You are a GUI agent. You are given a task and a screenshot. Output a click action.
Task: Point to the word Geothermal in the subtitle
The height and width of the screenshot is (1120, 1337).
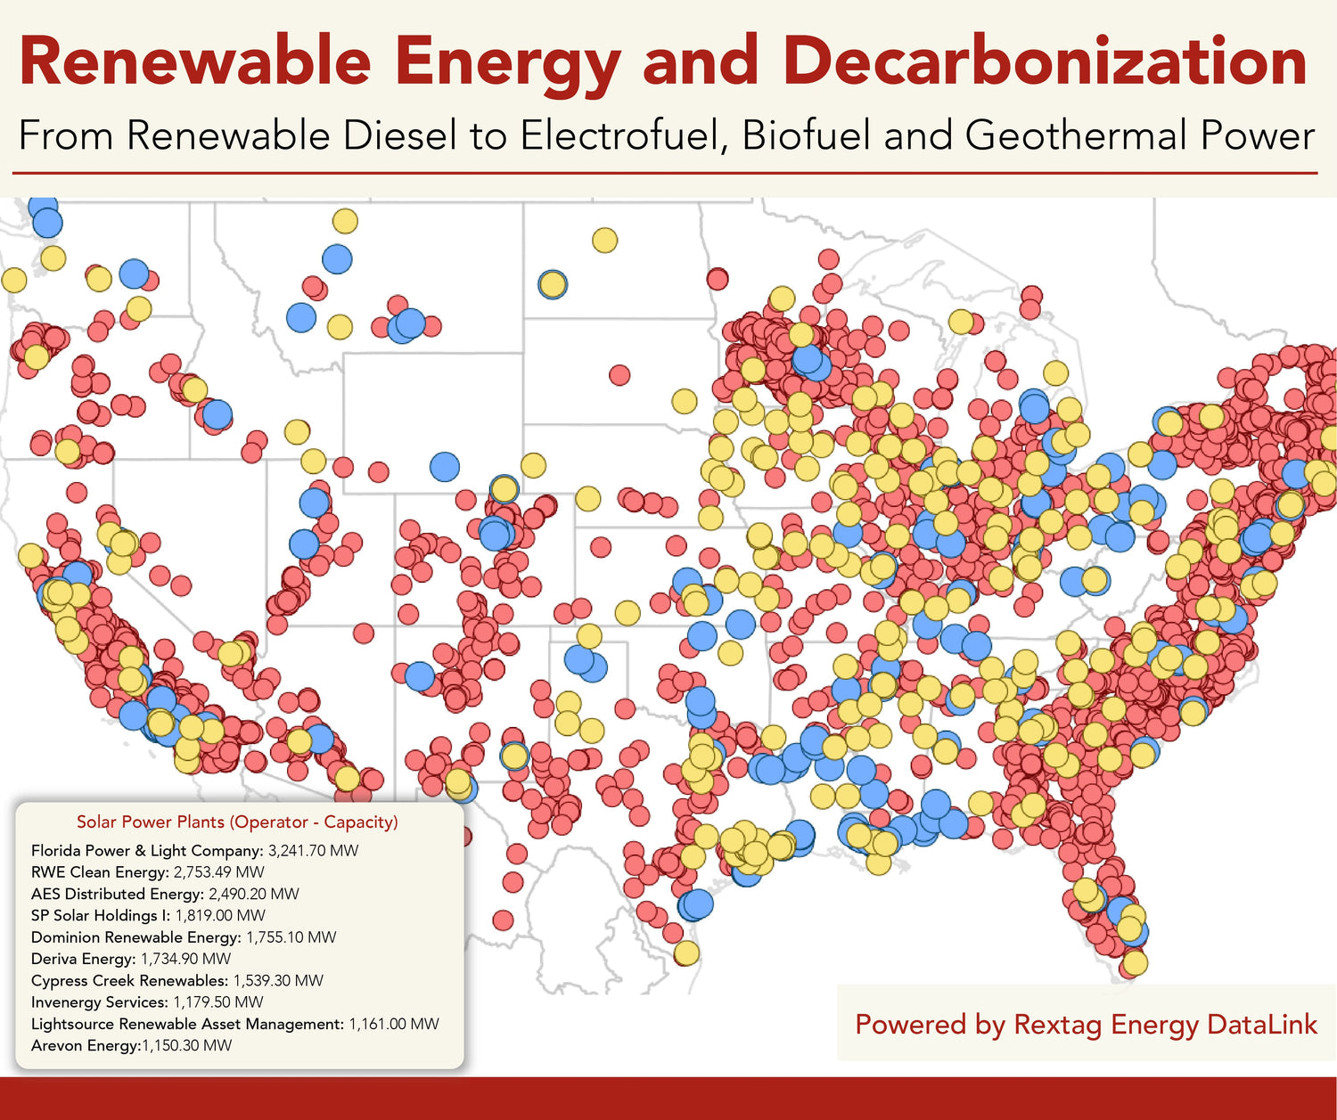tap(1076, 136)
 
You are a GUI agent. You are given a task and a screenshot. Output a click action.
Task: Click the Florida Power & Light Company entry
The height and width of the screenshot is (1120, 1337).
tap(147, 850)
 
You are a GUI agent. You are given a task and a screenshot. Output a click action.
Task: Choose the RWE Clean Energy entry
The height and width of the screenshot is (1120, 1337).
tap(99, 872)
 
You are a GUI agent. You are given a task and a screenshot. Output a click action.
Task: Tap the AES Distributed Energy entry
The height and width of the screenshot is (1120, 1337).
tap(117, 894)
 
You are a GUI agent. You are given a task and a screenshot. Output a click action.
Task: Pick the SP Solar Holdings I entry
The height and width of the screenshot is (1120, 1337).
tap(100, 915)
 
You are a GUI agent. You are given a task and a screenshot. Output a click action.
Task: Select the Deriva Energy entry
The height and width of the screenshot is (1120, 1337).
tap(82, 959)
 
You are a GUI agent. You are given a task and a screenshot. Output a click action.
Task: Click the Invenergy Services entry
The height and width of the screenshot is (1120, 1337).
tap(99, 1002)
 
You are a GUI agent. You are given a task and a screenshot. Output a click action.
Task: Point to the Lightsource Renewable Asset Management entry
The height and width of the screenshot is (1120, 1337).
tap(187, 1024)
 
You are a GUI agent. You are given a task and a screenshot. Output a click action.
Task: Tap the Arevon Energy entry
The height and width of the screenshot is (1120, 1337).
tap(85, 1045)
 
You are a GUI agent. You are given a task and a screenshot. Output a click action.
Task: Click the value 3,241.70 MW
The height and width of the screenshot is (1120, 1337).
tap(313, 850)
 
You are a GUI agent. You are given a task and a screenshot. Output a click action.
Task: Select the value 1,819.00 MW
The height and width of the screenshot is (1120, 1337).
tap(220, 915)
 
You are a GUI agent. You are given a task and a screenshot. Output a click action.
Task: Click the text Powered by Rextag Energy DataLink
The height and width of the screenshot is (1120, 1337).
tap(1086, 1025)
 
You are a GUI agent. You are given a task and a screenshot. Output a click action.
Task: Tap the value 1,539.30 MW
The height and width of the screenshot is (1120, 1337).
tap(278, 980)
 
